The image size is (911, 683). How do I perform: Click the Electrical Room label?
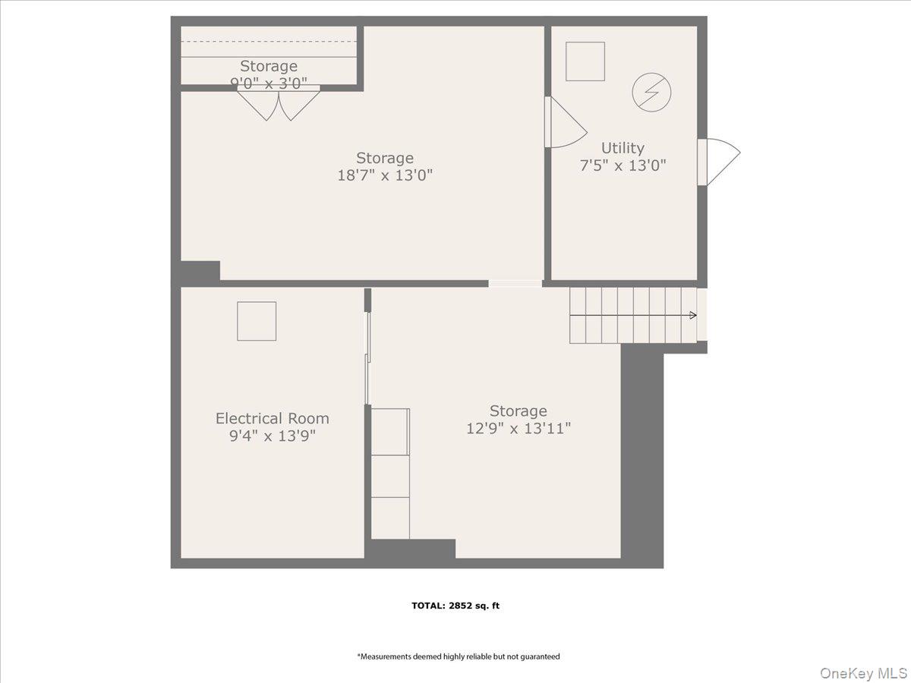pyautogui.click(x=273, y=418)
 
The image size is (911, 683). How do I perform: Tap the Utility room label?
pyautogui.click(x=623, y=149)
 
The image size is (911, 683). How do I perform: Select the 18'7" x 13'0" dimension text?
pyautogui.click(x=385, y=175)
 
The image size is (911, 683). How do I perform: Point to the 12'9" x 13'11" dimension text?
pyautogui.click(x=519, y=428)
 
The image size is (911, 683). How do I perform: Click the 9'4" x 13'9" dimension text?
pyautogui.click(x=273, y=436)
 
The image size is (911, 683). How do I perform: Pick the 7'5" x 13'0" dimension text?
pyautogui.click(x=623, y=166)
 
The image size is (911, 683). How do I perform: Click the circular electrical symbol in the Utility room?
pyautogui.click(x=651, y=92)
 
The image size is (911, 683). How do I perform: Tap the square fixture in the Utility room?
pyautogui.click(x=585, y=61)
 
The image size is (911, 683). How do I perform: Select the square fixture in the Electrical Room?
pyautogui.click(x=257, y=321)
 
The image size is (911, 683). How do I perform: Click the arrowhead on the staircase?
pyautogui.click(x=693, y=315)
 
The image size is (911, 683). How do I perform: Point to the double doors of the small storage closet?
pyautogui.click(x=279, y=103)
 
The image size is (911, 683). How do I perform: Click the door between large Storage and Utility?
pyautogui.click(x=566, y=122)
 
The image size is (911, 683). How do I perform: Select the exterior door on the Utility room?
pyautogui.click(x=719, y=162)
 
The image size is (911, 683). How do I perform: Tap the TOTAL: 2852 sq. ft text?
pyautogui.click(x=455, y=606)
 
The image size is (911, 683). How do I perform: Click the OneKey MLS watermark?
pyautogui.click(x=863, y=672)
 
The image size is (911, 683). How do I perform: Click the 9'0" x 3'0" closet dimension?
pyautogui.click(x=269, y=83)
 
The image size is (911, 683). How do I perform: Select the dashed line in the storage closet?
pyautogui.click(x=269, y=42)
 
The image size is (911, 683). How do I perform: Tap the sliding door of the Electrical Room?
pyautogui.click(x=367, y=358)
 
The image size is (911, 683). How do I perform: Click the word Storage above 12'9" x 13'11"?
pyautogui.click(x=519, y=411)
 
